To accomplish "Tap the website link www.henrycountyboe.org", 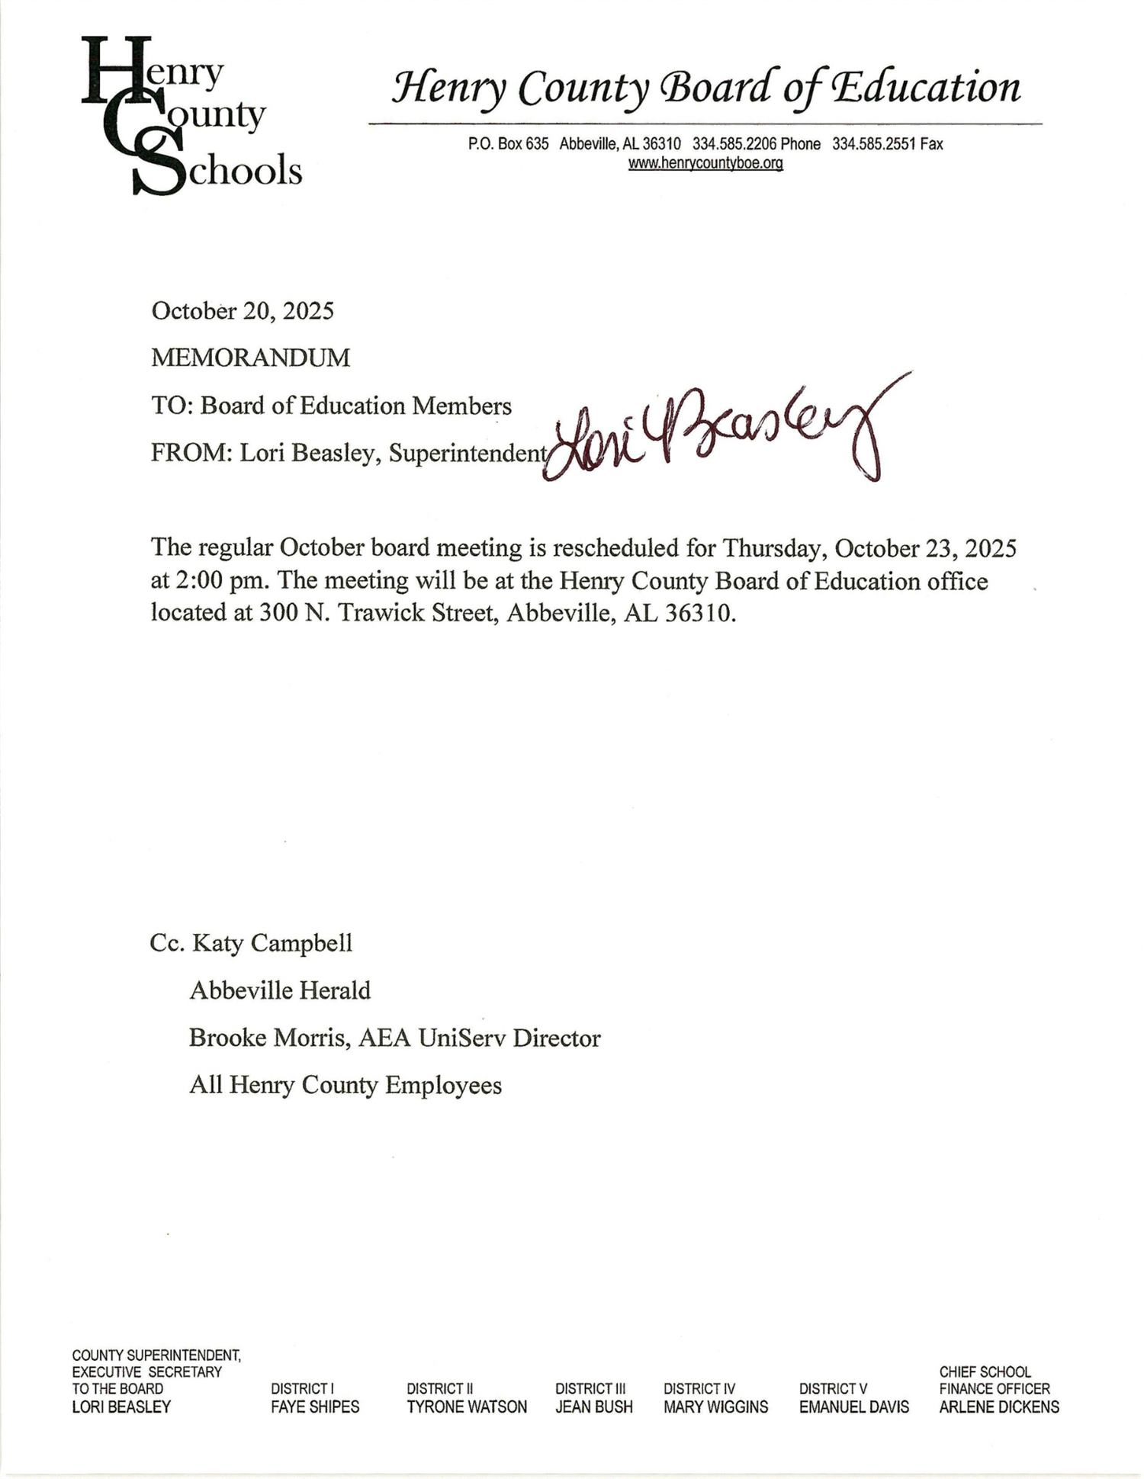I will [x=705, y=163].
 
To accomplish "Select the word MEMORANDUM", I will [x=250, y=358].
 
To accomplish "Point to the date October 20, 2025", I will [x=243, y=311].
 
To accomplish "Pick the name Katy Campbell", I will [x=272, y=943].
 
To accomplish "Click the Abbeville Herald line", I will [x=280, y=990].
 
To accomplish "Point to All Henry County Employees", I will [x=345, y=1085].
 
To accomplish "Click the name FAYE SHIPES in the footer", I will [x=315, y=1407].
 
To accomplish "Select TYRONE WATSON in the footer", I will [x=467, y=1407].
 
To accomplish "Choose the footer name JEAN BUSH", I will [x=594, y=1407].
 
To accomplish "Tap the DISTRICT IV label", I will [x=699, y=1389].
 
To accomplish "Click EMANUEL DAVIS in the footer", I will [x=854, y=1407].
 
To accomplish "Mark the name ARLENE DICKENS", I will [x=999, y=1407].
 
